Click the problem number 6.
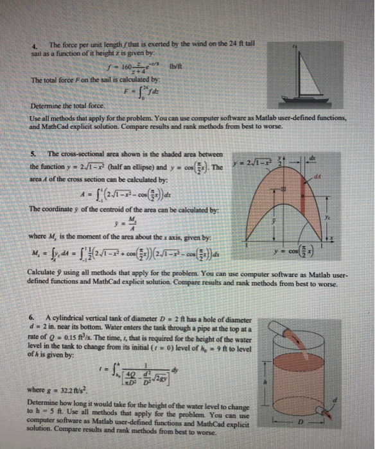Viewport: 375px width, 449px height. click(x=33, y=319)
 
